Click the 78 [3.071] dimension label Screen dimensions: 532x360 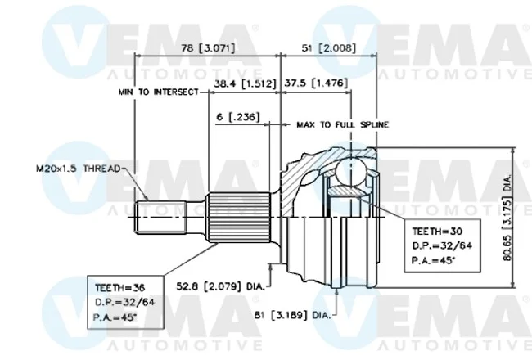pyautogui.click(x=208, y=47)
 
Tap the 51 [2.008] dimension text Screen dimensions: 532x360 pyautogui.click(x=329, y=47)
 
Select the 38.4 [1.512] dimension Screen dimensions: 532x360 pyautogui.click(x=245, y=83)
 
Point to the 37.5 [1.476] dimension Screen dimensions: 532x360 pyautogui.click(x=316, y=83)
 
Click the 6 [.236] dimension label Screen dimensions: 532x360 pyautogui.click(x=238, y=117)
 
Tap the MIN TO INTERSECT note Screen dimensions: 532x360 pyautogui.click(x=158, y=92)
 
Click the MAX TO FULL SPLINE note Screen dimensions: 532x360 pyautogui.click(x=343, y=125)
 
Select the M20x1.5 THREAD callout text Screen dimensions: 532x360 pyautogui.click(x=79, y=169)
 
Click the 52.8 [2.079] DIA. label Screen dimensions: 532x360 pyautogui.click(x=220, y=286)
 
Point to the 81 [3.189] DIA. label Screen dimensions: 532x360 pyautogui.click(x=292, y=315)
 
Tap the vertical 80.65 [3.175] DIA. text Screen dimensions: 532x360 pyautogui.click(x=507, y=218)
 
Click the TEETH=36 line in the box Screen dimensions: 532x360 pyautogui.click(x=120, y=288)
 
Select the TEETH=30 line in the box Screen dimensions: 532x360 pyautogui.click(x=437, y=232)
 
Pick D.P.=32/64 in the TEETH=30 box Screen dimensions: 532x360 pyautogui.click(x=442, y=245)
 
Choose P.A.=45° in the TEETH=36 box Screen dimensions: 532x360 pyautogui.click(x=115, y=317)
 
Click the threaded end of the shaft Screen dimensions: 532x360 pyautogui.click(x=161, y=217)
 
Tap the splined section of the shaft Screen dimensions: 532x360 pyautogui.click(x=239, y=217)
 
